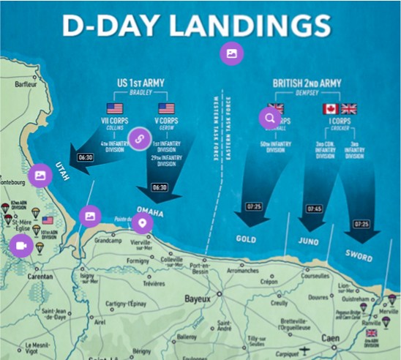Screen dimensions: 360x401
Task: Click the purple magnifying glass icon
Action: [x=270, y=117]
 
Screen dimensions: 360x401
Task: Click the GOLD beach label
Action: [x=246, y=239]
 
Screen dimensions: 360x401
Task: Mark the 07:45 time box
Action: [x=313, y=209]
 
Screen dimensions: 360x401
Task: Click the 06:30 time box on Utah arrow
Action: [x=86, y=157]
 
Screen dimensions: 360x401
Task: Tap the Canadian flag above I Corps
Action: [x=331, y=109]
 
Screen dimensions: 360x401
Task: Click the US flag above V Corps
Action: [x=165, y=109]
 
